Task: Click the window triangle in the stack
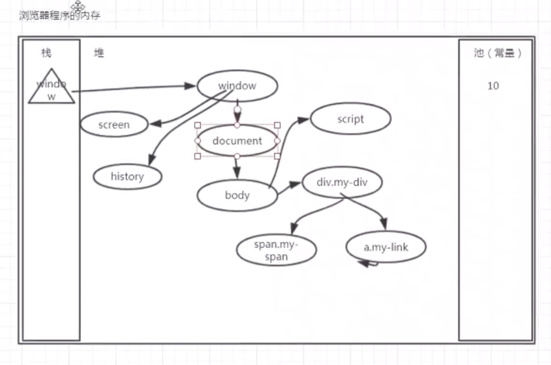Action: (52, 88)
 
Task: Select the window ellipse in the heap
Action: (237, 86)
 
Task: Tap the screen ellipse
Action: (114, 125)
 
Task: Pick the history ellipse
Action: (127, 177)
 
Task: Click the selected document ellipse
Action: (237, 141)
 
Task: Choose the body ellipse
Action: (237, 195)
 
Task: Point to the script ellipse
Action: (350, 119)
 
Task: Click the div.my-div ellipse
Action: (342, 182)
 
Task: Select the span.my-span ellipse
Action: (276, 250)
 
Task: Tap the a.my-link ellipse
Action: (386, 247)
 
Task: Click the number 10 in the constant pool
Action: (493, 86)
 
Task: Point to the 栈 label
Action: (46, 53)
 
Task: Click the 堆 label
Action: (99, 53)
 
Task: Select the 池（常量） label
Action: (497, 53)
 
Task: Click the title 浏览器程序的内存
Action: (60, 15)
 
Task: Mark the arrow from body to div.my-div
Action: (289, 188)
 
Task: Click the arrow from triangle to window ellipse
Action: (134, 88)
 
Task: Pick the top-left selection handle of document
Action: (198, 125)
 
